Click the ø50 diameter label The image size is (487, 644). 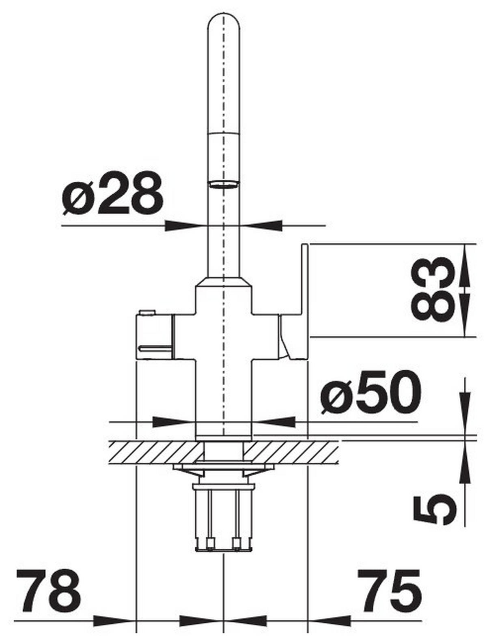370,392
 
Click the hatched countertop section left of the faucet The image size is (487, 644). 154,452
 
